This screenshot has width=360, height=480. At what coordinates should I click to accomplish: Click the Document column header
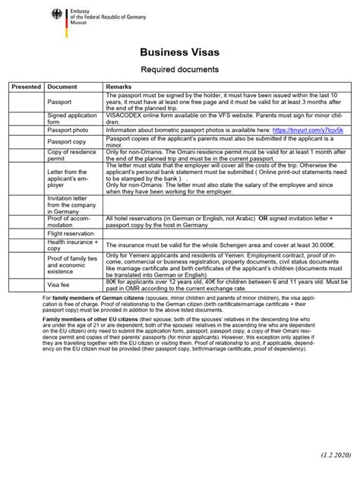[x=62, y=87]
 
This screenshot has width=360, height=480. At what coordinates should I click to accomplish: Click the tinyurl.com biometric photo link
[x=313, y=131]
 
